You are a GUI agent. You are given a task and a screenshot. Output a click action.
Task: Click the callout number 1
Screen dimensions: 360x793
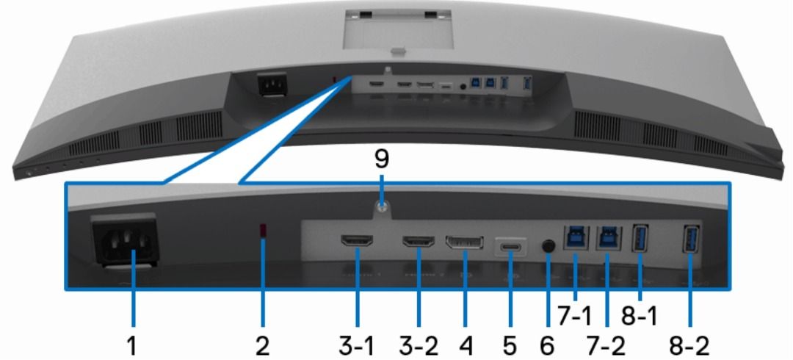pyautogui.click(x=134, y=342)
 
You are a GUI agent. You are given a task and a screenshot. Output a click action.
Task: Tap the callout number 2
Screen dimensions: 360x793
pyautogui.click(x=263, y=342)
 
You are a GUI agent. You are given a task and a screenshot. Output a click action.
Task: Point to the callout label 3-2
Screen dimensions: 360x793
pyautogui.click(x=419, y=342)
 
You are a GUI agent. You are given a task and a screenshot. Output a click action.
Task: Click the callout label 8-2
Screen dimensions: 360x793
pyautogui.click(x=690, y=342)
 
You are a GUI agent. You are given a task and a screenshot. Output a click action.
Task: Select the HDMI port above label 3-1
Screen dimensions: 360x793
pyautogui.click(x=358, y=240)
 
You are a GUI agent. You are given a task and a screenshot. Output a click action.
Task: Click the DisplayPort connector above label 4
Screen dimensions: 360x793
pyautogui.click(x=465, y=243)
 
